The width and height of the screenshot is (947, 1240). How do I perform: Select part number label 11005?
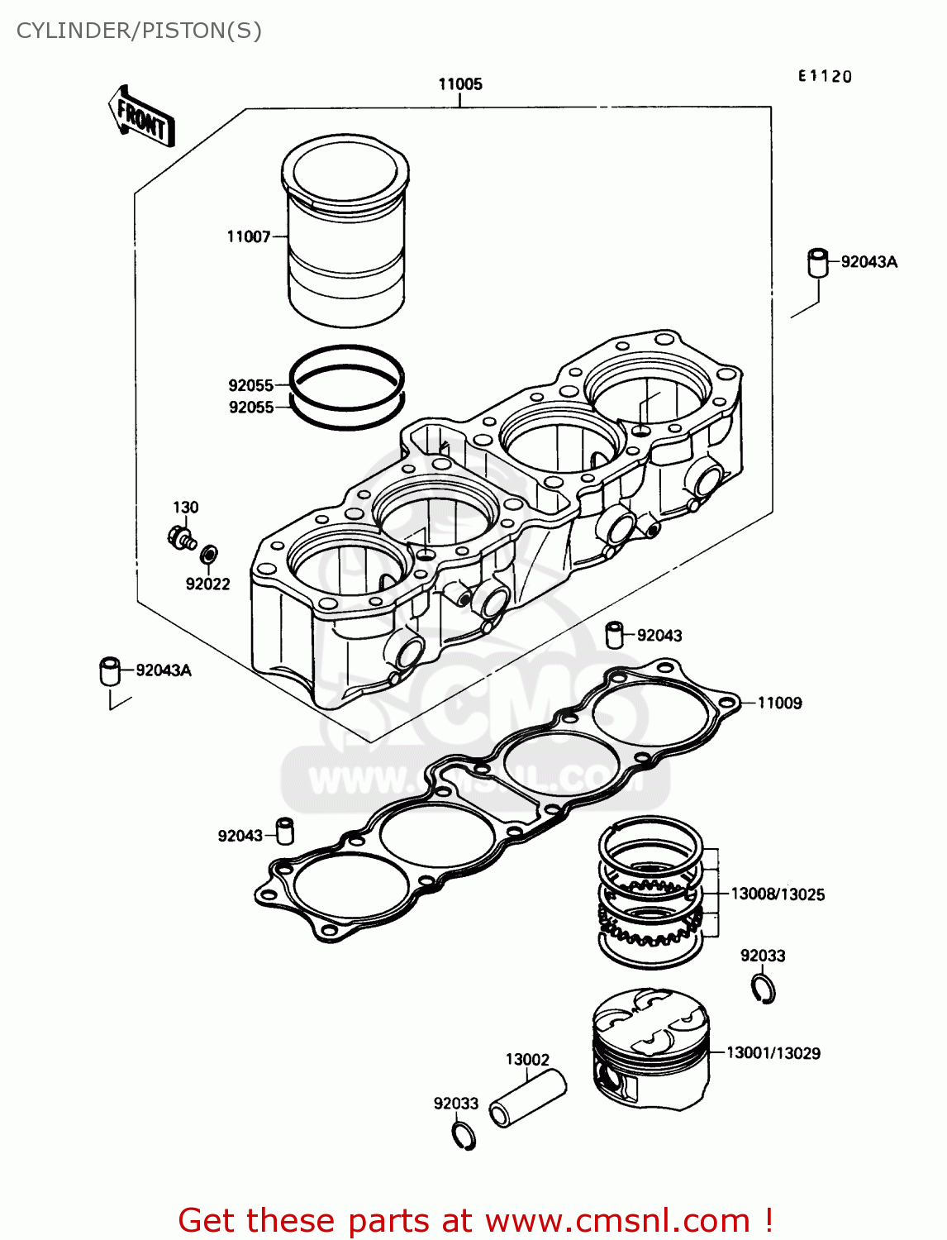point(460,83)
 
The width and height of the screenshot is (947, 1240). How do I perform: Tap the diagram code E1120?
point(825,76)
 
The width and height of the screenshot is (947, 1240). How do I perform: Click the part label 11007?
point(249,236)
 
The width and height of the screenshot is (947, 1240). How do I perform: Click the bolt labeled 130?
point(181,539)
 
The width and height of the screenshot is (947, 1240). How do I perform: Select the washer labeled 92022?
point(211,552)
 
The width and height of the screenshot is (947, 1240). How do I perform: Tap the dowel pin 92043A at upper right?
point(817,263)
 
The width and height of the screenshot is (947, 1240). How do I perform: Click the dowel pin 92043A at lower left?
point(110,670)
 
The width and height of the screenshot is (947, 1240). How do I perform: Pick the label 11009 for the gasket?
point(779,703)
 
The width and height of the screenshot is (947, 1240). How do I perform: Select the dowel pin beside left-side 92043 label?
point(285,831)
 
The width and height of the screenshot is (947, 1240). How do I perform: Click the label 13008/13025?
point(778,894)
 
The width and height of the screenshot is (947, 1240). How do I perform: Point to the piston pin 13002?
point(528,1099)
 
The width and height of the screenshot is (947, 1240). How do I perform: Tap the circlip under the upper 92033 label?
point(764,988)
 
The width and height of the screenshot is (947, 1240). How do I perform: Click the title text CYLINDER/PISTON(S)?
point(139,31)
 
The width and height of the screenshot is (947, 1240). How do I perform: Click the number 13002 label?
point(527,1060)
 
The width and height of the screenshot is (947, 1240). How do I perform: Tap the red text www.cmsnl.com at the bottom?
point(617,1221)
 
